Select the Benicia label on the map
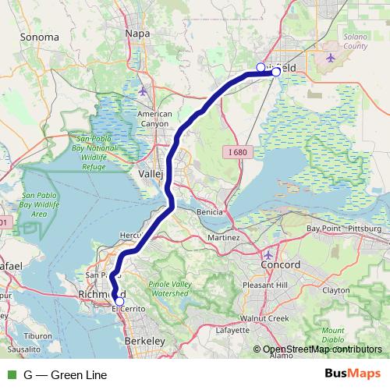click(210, 211)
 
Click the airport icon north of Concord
click(269, 255)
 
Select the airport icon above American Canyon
click(143, 91)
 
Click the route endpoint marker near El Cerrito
click(119, 301)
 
